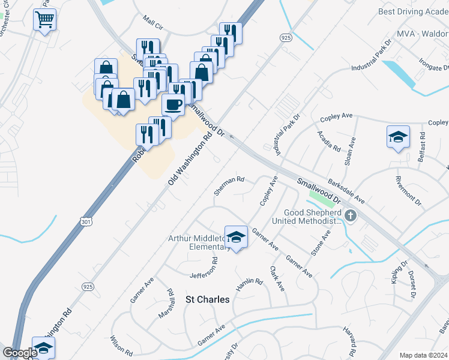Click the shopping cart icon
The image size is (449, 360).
click(45, 20)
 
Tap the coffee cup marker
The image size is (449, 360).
click(173, 104)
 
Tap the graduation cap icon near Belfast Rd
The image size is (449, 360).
click(398, 137)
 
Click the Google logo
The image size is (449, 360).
click(20, 353)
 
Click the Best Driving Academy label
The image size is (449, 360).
click(413, 11)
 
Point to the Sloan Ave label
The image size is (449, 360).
click(351, 151)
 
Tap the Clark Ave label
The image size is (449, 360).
click(277, 278)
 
